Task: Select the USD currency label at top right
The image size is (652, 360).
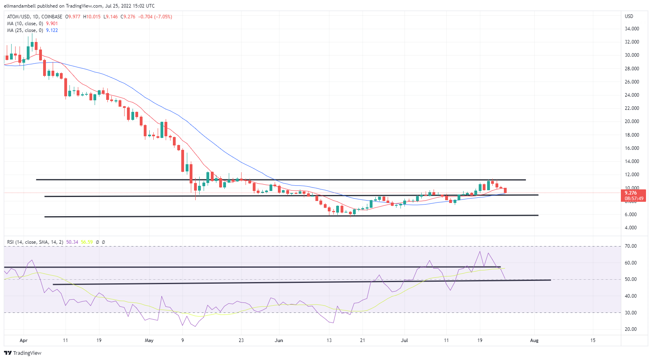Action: pos(629,16)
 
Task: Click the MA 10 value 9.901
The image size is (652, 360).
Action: pos(52,24)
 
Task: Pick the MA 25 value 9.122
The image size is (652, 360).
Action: pos(52,30)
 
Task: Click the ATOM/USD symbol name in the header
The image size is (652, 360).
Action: pos(18,17)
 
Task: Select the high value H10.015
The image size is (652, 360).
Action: pos(92,17)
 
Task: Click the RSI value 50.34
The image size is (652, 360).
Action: pos(72,242)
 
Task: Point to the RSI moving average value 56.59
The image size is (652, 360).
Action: pos(87,242)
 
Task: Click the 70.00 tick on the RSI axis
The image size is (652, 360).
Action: pos(631,246)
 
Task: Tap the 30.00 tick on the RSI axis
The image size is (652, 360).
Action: pos(631,313)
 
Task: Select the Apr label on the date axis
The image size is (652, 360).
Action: pos(24,340)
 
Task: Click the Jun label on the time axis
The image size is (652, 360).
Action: pos(279,340)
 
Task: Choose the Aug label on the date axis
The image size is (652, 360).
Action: pos(534,340)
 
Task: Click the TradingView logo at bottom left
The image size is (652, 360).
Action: pos(23,353)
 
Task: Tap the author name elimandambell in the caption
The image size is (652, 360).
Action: pos(20,6)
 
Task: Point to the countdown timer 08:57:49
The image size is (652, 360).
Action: pos(634,199)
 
